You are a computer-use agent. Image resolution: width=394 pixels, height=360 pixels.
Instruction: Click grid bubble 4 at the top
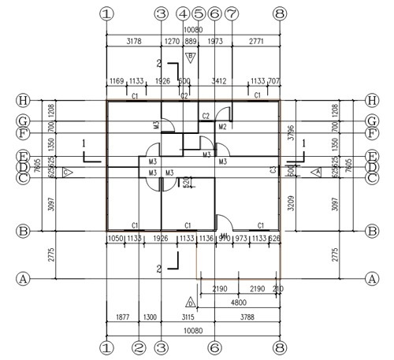point(183,13)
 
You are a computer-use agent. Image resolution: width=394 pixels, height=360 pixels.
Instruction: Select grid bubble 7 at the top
point(231,13)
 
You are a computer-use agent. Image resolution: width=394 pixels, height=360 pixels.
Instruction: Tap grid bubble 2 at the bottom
point(139,346)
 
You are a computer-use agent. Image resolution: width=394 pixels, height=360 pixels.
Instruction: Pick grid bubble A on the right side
point(371,278)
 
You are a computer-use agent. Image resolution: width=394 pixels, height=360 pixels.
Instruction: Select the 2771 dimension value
point(255,40)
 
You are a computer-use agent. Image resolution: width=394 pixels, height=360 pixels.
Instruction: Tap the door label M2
point(223,127)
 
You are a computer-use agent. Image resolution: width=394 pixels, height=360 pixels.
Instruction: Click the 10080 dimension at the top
point(192,24)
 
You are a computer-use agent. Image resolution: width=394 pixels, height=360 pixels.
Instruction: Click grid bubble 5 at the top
point(199,13)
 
